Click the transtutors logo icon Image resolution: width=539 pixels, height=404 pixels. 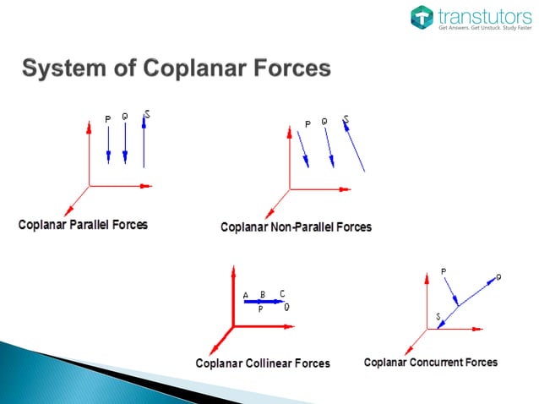coord(422,18)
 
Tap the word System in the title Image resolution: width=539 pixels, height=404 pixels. coord(63,68)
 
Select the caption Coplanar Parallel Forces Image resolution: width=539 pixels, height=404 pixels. coord(83,225)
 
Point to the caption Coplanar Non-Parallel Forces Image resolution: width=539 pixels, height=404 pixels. coord(296,227)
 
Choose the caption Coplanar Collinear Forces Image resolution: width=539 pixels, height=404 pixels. coord(262,363)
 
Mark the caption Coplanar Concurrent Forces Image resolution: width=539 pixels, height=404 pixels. coord(431,363)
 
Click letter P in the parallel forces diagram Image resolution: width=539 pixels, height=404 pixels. coord(107,119)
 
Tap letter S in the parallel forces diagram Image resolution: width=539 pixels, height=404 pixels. coord(148,114)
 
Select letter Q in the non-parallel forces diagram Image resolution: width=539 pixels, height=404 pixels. coord(324,121)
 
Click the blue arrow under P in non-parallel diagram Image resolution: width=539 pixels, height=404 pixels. coord(302,149)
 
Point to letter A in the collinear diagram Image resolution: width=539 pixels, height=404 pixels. coord(246,295)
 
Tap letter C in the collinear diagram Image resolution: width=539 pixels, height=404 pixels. coord(282,293)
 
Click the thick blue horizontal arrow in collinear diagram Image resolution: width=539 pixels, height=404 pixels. coord(262,301)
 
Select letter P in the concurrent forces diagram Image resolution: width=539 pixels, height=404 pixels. coord(444,271)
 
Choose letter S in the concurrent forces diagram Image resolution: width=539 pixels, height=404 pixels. coord(438,316)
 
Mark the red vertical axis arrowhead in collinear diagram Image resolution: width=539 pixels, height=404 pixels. coord(231,273)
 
